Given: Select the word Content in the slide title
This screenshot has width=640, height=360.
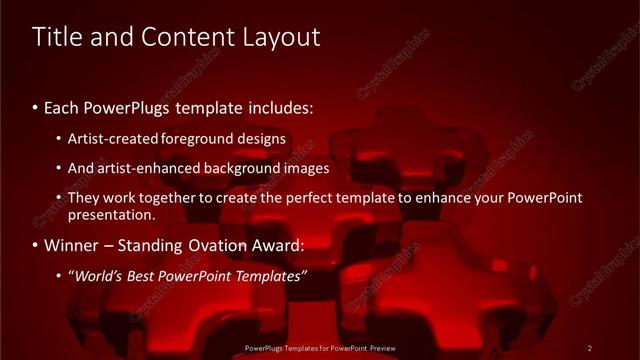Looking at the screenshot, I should pos(184,37).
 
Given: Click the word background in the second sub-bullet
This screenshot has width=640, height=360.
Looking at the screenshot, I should pos(236,168).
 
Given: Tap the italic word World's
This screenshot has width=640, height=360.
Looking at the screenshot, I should pos(101,275).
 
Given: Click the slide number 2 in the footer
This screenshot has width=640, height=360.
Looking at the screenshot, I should pos(590,348).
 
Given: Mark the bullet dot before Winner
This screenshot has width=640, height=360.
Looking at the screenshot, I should pos(36,246).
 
